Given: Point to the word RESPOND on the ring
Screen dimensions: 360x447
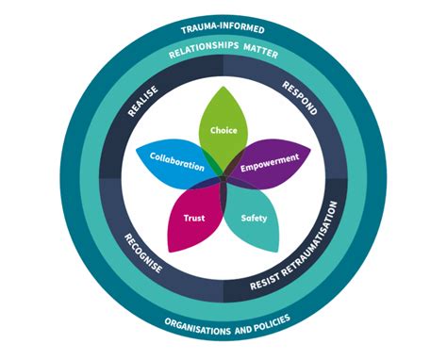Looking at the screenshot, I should click(x=305, y=98).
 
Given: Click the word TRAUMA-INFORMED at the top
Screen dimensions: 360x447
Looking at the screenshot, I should click(x=223, y=29).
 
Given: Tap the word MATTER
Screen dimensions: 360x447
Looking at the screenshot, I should click(x=261, y=55).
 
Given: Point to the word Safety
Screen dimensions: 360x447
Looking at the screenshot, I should click(x=254, y=218).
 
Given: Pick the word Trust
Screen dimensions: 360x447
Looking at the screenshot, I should click(x=194, y=218).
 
